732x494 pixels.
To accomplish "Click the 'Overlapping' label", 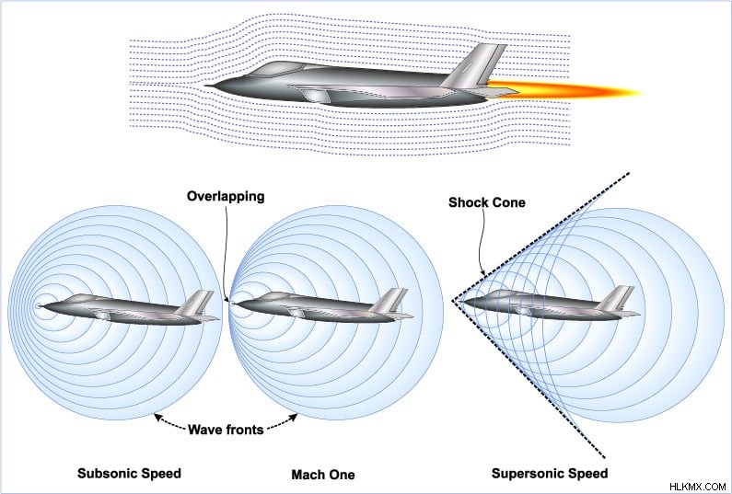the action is click(x=226, y=196).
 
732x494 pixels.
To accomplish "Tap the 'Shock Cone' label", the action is click(x=487, y=202).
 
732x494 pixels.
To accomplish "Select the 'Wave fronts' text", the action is click(x=226, y=430).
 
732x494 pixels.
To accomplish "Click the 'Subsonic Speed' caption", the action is click(x=129, y=474).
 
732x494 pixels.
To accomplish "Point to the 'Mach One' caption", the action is click(x=323, y=475).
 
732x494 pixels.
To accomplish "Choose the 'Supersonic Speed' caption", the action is click(x=550, y=474).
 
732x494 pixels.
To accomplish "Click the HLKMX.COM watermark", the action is click(x=697, y=487).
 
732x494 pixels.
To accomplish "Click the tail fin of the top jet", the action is click(x=476, y=65).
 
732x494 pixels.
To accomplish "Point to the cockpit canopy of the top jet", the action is click(x=280, y=69).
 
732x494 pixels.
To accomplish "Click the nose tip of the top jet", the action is click(x=206, y=86).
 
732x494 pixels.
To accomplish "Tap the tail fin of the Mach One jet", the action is click(x=389, y=300).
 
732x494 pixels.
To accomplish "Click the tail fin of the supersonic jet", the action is click(x=616, y=297).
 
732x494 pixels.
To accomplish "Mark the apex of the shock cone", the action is click(x=452, y=301).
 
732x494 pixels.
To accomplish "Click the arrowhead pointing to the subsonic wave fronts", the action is click(x=157, y=417).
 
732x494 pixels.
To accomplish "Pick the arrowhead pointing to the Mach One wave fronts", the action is click(x=294, y=417).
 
